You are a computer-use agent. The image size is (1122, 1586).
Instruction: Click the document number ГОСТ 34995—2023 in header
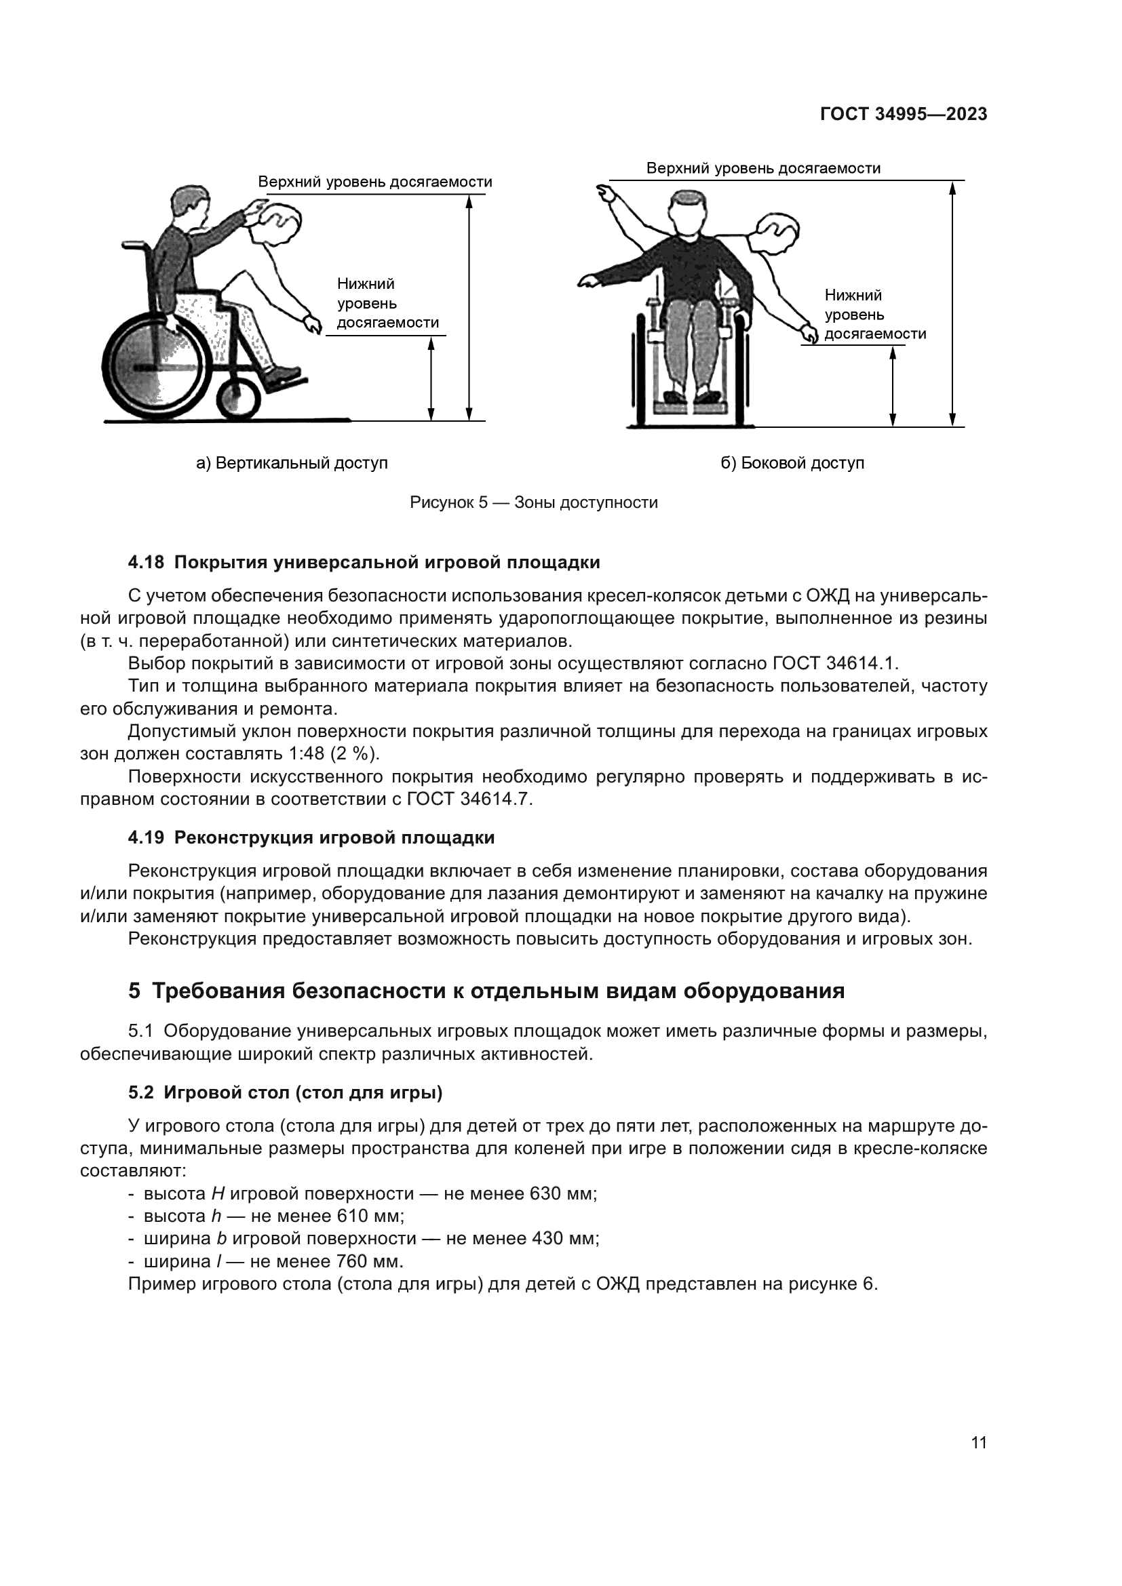(903, 115)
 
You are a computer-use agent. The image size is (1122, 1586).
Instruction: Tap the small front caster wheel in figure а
(239, 399)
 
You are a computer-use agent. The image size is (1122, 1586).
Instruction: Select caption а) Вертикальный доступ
(292, 463)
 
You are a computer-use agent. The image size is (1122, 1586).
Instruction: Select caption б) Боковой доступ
(792, 463)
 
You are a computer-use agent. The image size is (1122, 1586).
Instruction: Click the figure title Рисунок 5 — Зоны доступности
(533, 502)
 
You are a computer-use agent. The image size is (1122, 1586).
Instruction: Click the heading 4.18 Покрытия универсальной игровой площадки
(364, 562)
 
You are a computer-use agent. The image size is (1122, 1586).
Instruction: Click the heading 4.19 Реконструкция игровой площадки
(311, 838)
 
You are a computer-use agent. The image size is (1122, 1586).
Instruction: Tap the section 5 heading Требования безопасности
(486, 991)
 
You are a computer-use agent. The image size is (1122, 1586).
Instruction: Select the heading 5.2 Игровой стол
(286, 1093)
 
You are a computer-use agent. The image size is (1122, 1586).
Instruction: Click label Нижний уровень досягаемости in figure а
(387, 303)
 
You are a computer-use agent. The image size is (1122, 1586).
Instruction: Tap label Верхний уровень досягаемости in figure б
(762, 168)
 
